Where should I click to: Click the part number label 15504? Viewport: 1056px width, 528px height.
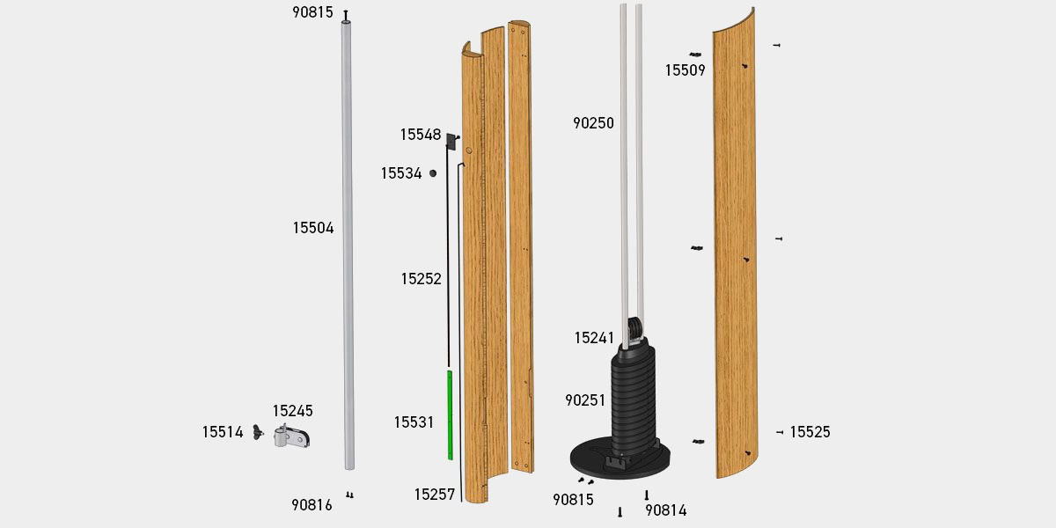pyautogui.click(x=313, y=228)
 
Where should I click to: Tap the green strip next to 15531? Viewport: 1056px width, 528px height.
pyautogui.click(x=450, y=414)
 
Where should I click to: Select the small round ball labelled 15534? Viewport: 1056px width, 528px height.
pyautogui.click(x=433, y=173)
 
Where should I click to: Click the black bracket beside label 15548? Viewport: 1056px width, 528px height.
pyautogui.click(x=451, y=141)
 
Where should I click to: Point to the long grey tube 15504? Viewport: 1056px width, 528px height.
pyautogui.click(x=348, y=246)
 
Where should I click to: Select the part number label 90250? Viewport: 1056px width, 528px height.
pyautogui.click(x=593, y=123)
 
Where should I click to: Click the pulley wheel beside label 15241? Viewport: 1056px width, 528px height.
pyautogui.click(x=633, y=332)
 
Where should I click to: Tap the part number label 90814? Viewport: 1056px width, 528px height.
pyautogui.click(x=665, y=510)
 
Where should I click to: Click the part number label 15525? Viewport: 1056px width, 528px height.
pyautogui.click(x=810, y=432)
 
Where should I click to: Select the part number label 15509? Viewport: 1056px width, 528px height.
pyautogui.click(x=685, y=70)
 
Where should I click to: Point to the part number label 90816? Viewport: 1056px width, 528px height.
pyautogui.click(x=312, y=505)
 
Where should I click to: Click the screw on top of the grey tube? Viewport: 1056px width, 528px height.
pyautogui.click(x=346, y=15)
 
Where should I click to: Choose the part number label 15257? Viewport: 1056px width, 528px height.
pyautogui.click(x=435, y=495)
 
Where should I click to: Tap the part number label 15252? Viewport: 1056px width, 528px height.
pyautogui.click(x=421, y=279)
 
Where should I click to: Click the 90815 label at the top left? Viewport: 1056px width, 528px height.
pyautogui.click(x=312, y=12)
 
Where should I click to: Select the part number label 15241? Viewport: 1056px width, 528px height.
pyautogui.click(x=595, y=338)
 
